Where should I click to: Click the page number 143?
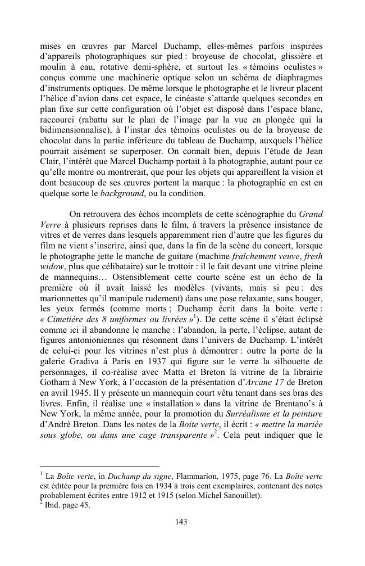(181, 522)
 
